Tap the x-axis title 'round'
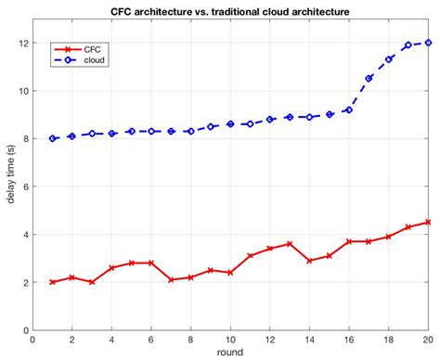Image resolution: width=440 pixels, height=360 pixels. tap(230, 353)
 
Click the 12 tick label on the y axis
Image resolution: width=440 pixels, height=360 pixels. tap(23, 43)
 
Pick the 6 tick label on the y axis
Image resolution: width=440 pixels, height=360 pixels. tap(25, 186)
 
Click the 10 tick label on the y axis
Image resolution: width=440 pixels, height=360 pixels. tap(23, 91)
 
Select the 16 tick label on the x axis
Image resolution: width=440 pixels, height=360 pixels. tap(349, 340)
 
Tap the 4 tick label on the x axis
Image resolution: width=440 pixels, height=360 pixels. tap(111, 340)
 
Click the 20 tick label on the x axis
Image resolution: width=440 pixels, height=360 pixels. tap(428, 340)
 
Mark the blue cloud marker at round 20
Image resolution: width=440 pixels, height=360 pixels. tap(428, 43)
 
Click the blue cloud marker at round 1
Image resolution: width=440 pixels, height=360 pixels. tap(52, 138)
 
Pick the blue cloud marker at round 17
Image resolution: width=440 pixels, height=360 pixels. tap(369, 79)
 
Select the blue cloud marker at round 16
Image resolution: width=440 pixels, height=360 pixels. tap(349, 109)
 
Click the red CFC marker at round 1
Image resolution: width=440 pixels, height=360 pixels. tap(52, 282)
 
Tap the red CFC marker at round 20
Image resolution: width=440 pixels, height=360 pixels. tap(428, 222)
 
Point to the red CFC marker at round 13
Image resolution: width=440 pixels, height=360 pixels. tap(290, 244)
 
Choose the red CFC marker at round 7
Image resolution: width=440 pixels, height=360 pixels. tap(171, 279)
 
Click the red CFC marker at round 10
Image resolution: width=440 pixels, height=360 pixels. tap(230, 273)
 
